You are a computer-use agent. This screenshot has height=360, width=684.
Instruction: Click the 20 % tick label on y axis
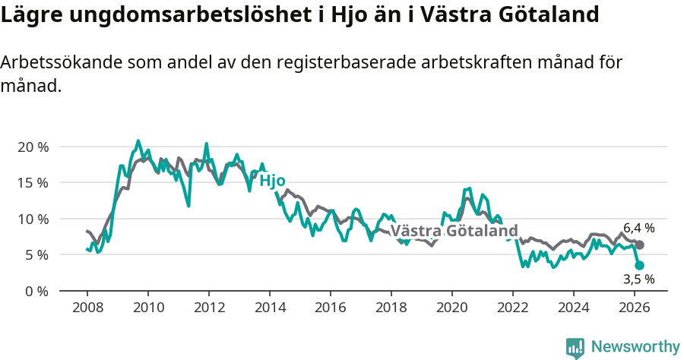pos(32,147)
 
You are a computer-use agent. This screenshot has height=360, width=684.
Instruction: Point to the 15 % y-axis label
pos(32,182)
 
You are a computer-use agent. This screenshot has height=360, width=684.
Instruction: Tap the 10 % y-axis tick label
pos(32,219)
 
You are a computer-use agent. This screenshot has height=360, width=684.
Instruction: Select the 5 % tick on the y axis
pos(36,254)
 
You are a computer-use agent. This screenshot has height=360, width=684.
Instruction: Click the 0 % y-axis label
pos(36,291)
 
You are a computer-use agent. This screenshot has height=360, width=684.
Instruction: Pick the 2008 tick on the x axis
pos(87,308)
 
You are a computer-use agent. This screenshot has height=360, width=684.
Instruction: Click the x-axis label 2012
pos(209,308)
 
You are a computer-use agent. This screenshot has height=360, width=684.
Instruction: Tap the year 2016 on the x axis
pos(331,308)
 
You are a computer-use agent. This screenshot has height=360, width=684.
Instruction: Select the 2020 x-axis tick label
pos(452,308)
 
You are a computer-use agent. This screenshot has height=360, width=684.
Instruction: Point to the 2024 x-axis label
pos(574,308)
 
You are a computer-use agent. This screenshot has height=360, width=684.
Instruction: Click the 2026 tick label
pos(635,308)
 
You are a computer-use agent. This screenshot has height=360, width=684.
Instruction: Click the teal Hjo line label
pos(272,181)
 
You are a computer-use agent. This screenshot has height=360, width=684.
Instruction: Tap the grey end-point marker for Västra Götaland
pos(640,245)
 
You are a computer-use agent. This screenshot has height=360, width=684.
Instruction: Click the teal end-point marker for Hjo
pos(640,265)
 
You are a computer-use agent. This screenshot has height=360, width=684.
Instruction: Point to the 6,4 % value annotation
pos(638,228)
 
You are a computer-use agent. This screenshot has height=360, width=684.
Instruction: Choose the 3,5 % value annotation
pos(638,279)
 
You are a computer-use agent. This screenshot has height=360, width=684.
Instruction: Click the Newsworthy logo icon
pos(575,348)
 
